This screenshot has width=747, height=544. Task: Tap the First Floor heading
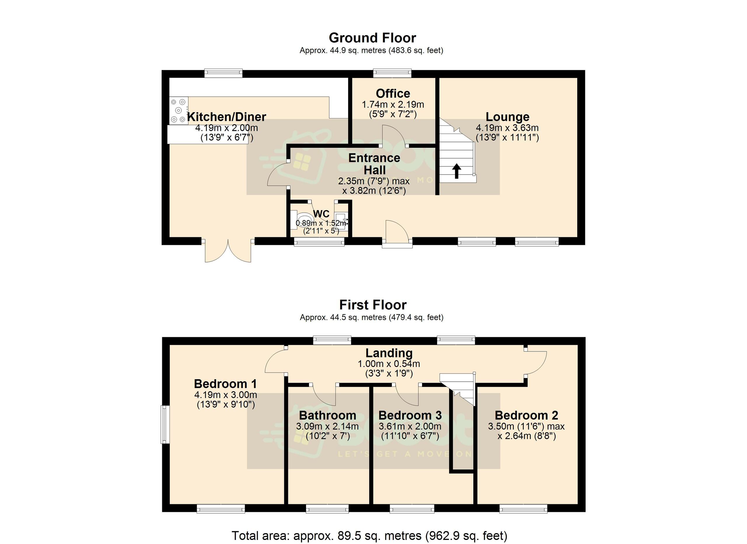[373, 305]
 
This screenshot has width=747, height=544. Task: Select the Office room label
[393, 93]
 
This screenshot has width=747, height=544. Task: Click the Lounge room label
[507, 117]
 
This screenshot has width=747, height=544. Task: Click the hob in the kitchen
[179, 110]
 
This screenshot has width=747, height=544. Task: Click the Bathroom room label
[328, 415]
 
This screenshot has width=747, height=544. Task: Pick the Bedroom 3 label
[410, 415]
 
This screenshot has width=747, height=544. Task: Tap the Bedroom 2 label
[526, 415]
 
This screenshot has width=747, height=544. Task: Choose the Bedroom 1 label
[225, 384]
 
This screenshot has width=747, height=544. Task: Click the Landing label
[389, 354]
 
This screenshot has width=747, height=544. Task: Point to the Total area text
[369, 536]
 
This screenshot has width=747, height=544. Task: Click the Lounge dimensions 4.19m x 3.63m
[507, 128]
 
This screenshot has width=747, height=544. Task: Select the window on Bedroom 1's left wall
[165, 424]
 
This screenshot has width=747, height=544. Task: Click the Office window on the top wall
[392, 72]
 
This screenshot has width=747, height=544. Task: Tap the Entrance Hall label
[374, 164]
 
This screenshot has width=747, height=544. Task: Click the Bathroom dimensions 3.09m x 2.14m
[327, 426]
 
